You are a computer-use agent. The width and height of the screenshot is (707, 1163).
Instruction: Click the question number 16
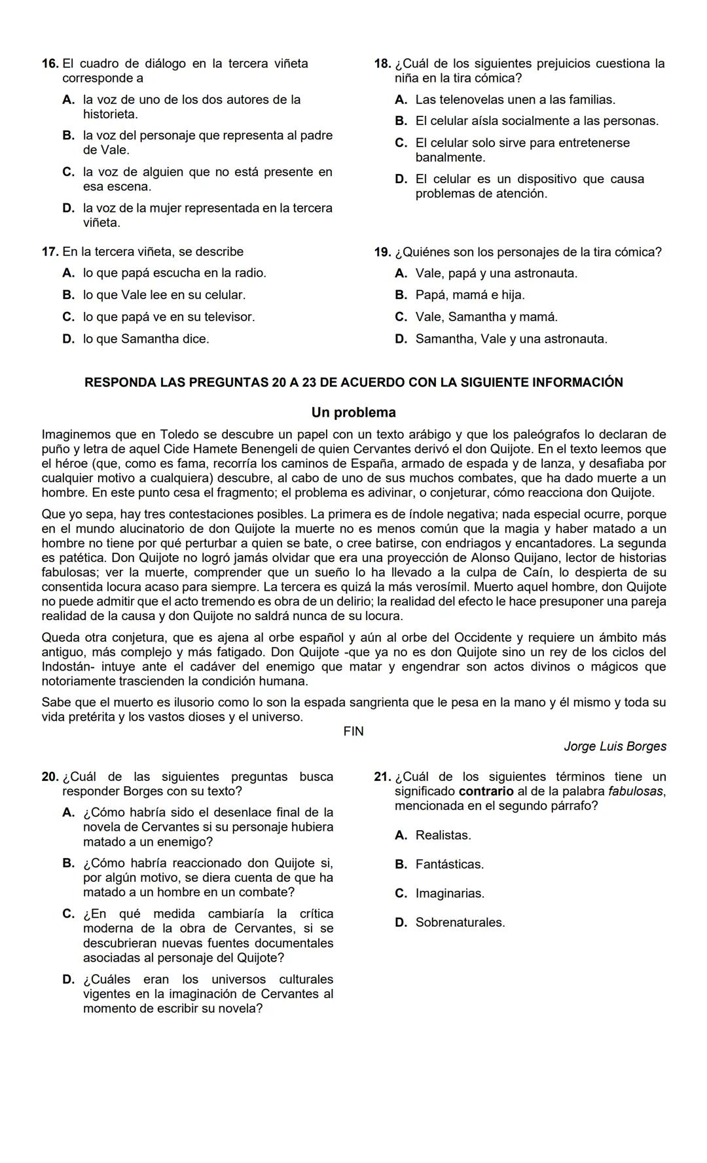[50, 63]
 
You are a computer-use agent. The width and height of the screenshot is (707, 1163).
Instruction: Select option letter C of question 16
[68, 172]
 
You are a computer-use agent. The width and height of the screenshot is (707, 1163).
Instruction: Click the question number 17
[50, 252]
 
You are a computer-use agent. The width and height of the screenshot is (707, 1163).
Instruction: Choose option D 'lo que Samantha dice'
[145, 339]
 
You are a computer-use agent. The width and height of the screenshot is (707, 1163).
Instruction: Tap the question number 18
[382, 63]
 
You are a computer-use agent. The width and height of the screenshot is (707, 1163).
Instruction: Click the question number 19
[382, 252]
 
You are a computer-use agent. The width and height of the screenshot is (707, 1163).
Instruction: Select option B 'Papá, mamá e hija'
[469, 295]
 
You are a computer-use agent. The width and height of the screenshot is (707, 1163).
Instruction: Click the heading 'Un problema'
[353, 413]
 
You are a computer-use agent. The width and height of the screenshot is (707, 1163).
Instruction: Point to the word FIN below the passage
[353, 731]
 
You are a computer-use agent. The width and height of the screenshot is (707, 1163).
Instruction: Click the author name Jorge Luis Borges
[615, 746]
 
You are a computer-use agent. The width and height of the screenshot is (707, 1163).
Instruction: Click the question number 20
[50, 776]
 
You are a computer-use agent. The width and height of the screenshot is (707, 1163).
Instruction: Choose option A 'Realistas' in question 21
[443, 835]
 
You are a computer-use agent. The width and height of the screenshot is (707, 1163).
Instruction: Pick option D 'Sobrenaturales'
[460, 922]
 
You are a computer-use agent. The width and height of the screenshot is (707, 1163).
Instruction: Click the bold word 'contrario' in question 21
[486, 791]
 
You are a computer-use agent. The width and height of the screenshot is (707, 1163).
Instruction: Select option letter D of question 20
[68, 979]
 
